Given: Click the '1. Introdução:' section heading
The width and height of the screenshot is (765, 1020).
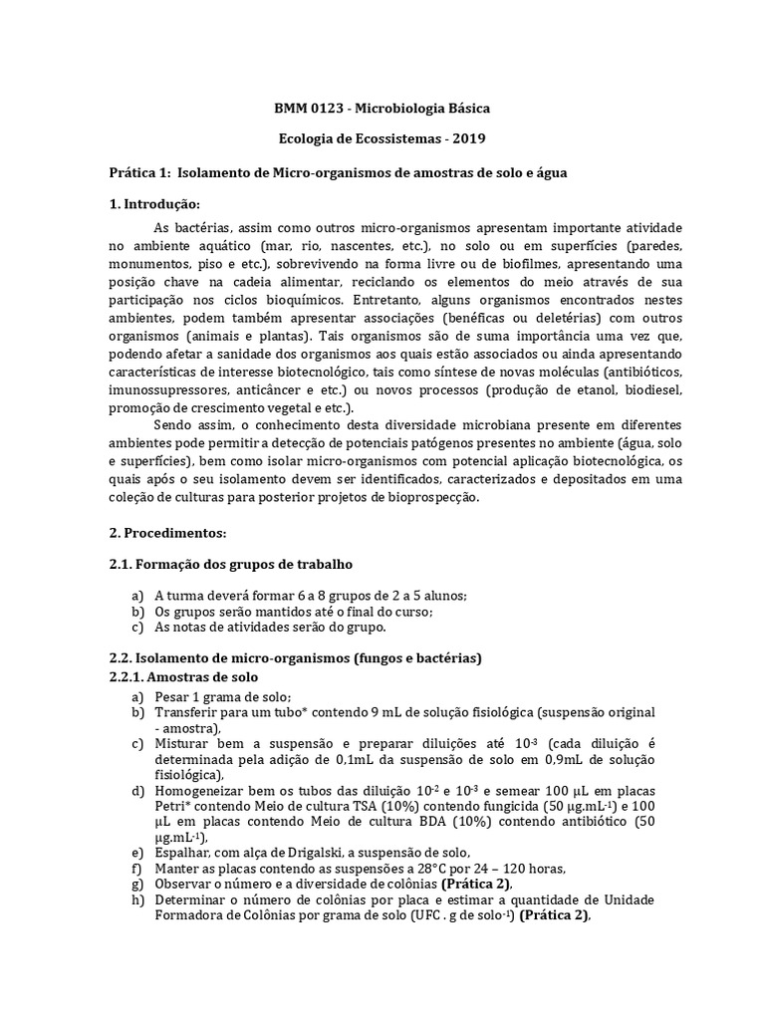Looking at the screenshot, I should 155,205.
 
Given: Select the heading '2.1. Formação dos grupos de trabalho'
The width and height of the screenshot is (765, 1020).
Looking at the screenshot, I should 230,565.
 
